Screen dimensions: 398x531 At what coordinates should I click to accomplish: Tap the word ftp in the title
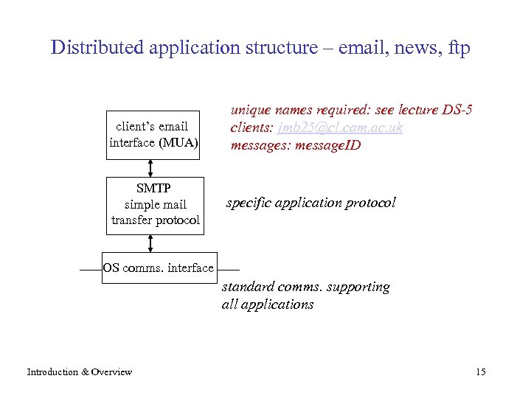click(x=458, y=49)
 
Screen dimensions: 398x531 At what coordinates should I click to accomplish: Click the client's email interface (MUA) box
click(x=153, y=134)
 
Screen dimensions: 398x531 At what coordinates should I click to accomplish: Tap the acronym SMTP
click(x=153, y=189)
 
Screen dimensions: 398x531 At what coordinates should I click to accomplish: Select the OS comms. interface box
click(x=158, y=268)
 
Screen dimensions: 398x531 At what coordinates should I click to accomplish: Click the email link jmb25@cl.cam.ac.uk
click(x=340, y=128)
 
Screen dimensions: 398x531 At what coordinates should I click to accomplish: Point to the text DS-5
click(x=457, y=110)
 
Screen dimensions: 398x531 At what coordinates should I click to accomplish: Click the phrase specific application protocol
click(x=310, y=202)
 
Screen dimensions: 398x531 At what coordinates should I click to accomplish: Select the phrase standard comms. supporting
click(x=305, y=287)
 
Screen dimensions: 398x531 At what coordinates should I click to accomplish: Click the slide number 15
click(x=481, y=371)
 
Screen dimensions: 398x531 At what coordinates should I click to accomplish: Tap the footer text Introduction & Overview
click(x=80, y=371)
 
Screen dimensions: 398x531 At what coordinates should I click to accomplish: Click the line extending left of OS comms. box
click(x=91, y=270)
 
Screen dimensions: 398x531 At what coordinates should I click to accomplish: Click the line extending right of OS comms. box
click(x=229, y=270)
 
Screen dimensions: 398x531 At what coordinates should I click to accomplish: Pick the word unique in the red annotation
click(x=249, y=110)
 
